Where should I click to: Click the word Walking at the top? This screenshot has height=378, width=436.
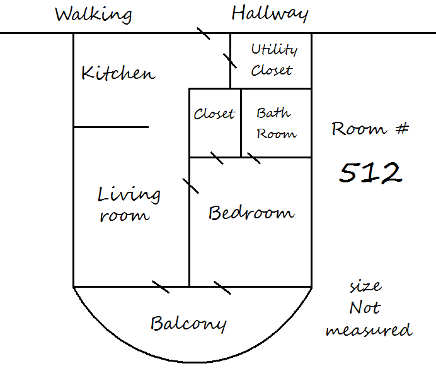tap(93, 15)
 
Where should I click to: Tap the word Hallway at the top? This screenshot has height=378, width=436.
tap(270, 14)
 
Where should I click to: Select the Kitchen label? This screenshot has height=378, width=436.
tap(118, 73)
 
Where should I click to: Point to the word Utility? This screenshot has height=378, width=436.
tap(274, 50)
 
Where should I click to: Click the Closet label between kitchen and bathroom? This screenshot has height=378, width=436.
tap(214, 114)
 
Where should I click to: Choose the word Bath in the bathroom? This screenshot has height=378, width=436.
tap(273, 113)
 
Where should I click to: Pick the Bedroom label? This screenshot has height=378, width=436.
tap(251, 213)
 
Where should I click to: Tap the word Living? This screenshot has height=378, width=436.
tap(129, 195)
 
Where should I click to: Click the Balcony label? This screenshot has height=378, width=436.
tap(188, 324)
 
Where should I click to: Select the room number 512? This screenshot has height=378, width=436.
tap(370, 173)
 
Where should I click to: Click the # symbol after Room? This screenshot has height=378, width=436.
tap(402, 129)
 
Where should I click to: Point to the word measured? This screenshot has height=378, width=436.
tap(369, 330)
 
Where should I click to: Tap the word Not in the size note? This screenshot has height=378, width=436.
tap(365, 307)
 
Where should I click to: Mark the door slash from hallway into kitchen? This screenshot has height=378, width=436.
tap(204, 33)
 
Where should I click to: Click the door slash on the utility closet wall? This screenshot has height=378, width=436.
tap(230, 61)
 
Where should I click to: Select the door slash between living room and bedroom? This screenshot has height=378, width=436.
tap(190, 186)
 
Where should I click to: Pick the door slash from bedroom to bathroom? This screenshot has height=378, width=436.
tap(254, 158)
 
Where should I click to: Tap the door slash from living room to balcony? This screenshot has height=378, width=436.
tap(161, 286)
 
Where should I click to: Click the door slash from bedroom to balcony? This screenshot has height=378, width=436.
tap(222, 288)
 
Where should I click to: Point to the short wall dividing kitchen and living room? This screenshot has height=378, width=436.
tap(112, 127)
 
